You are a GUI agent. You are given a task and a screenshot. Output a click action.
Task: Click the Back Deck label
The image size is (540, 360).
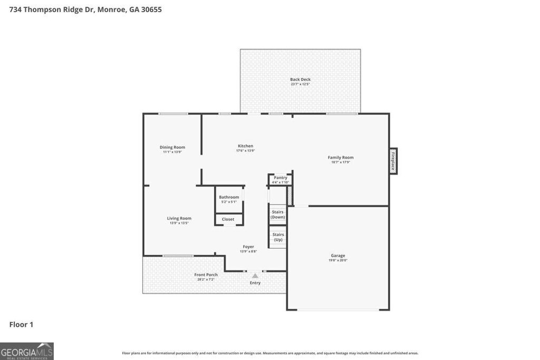(x=300, y=80)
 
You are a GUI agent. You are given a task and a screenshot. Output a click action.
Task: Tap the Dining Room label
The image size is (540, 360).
(x=172, y=147)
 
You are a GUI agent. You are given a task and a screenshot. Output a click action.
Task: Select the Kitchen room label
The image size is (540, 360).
(x=245, y=146)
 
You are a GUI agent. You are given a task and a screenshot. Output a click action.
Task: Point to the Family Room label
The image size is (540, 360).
(x=341, y=157)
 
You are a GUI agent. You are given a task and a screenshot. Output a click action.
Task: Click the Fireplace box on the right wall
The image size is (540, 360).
(x=393, y=161)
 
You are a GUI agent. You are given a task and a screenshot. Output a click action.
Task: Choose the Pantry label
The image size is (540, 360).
(x=281, y=178)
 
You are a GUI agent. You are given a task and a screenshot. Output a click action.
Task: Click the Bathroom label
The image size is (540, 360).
(x=229, y=197)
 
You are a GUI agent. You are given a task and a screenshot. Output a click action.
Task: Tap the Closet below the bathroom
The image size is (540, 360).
(x=228, y=219)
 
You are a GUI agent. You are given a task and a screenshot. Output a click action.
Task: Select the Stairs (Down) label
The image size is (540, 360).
(x=277, y=215)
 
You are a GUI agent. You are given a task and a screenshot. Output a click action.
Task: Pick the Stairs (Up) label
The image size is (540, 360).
(x=278, y=237)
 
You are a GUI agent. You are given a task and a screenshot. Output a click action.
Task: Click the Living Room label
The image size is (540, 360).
(x=179, y=218)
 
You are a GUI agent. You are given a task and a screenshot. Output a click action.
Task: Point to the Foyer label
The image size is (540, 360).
(x=248, y=247)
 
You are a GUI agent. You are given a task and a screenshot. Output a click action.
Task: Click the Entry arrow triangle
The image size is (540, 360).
(x=255, y=276)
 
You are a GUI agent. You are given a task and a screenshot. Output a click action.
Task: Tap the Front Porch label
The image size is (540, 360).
(x=206, y=275)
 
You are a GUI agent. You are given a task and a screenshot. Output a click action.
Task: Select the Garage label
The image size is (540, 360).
(x=338, y=256)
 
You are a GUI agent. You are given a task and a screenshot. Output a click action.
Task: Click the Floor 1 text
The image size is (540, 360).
(x=21, y=325)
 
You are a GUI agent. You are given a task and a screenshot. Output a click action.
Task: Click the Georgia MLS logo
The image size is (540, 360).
(x=27, y=351)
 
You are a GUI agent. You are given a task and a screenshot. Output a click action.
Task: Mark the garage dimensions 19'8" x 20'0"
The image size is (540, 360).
(x=338, y=260)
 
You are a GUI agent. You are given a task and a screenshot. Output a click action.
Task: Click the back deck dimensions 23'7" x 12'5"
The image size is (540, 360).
(x=300, y=84)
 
